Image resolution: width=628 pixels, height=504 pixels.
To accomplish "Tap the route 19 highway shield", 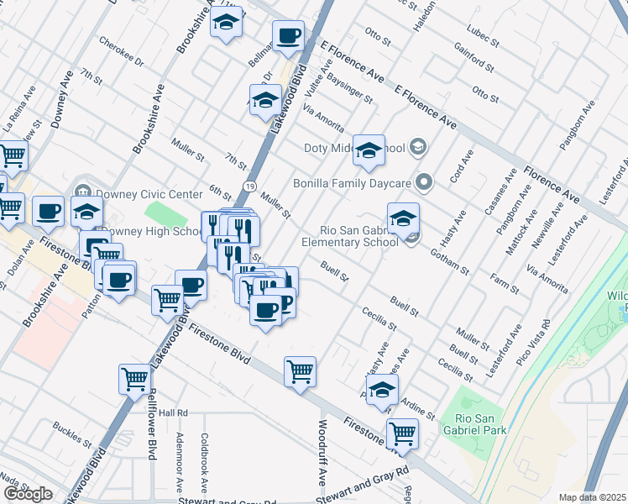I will [x=251, y=186].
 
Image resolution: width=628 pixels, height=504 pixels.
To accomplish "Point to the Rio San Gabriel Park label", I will [x=477, y=424].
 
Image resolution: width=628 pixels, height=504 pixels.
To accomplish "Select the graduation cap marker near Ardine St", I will [x=382, y=391].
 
